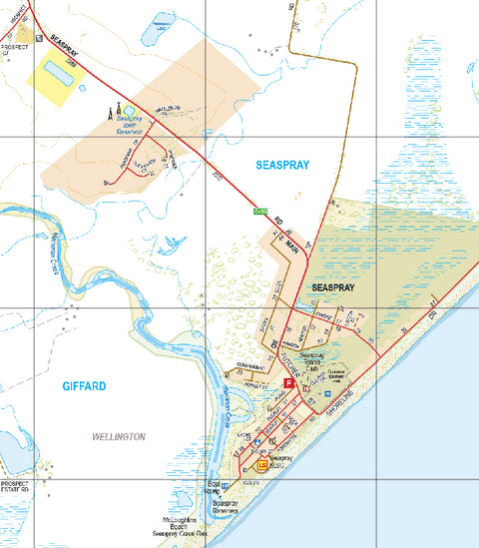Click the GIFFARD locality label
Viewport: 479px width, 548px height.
(84, 385)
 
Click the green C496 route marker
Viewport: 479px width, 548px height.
(260, 211)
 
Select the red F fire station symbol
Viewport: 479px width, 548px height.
(288, 382)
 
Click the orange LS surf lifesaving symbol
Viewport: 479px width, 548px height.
(262, 465)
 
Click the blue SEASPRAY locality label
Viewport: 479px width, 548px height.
(282, 164)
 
